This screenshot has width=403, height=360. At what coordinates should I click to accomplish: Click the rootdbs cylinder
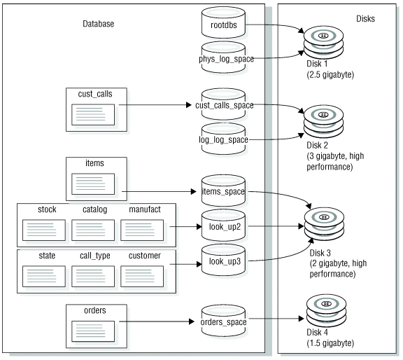pyautogui.click(x=224, y=26)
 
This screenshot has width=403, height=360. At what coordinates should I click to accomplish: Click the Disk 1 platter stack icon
pyautogui.click(x=323, y=43)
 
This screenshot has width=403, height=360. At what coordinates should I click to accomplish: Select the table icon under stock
pyautogui.click(x=44, y=229)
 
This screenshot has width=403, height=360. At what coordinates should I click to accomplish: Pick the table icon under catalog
pyautogui.click(x=93, y=229)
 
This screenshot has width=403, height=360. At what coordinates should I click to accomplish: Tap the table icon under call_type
pyautogui.click(x=93, y=277)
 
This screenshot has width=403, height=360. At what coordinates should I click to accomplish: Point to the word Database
pyautogui.click(x=98, y=24)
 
